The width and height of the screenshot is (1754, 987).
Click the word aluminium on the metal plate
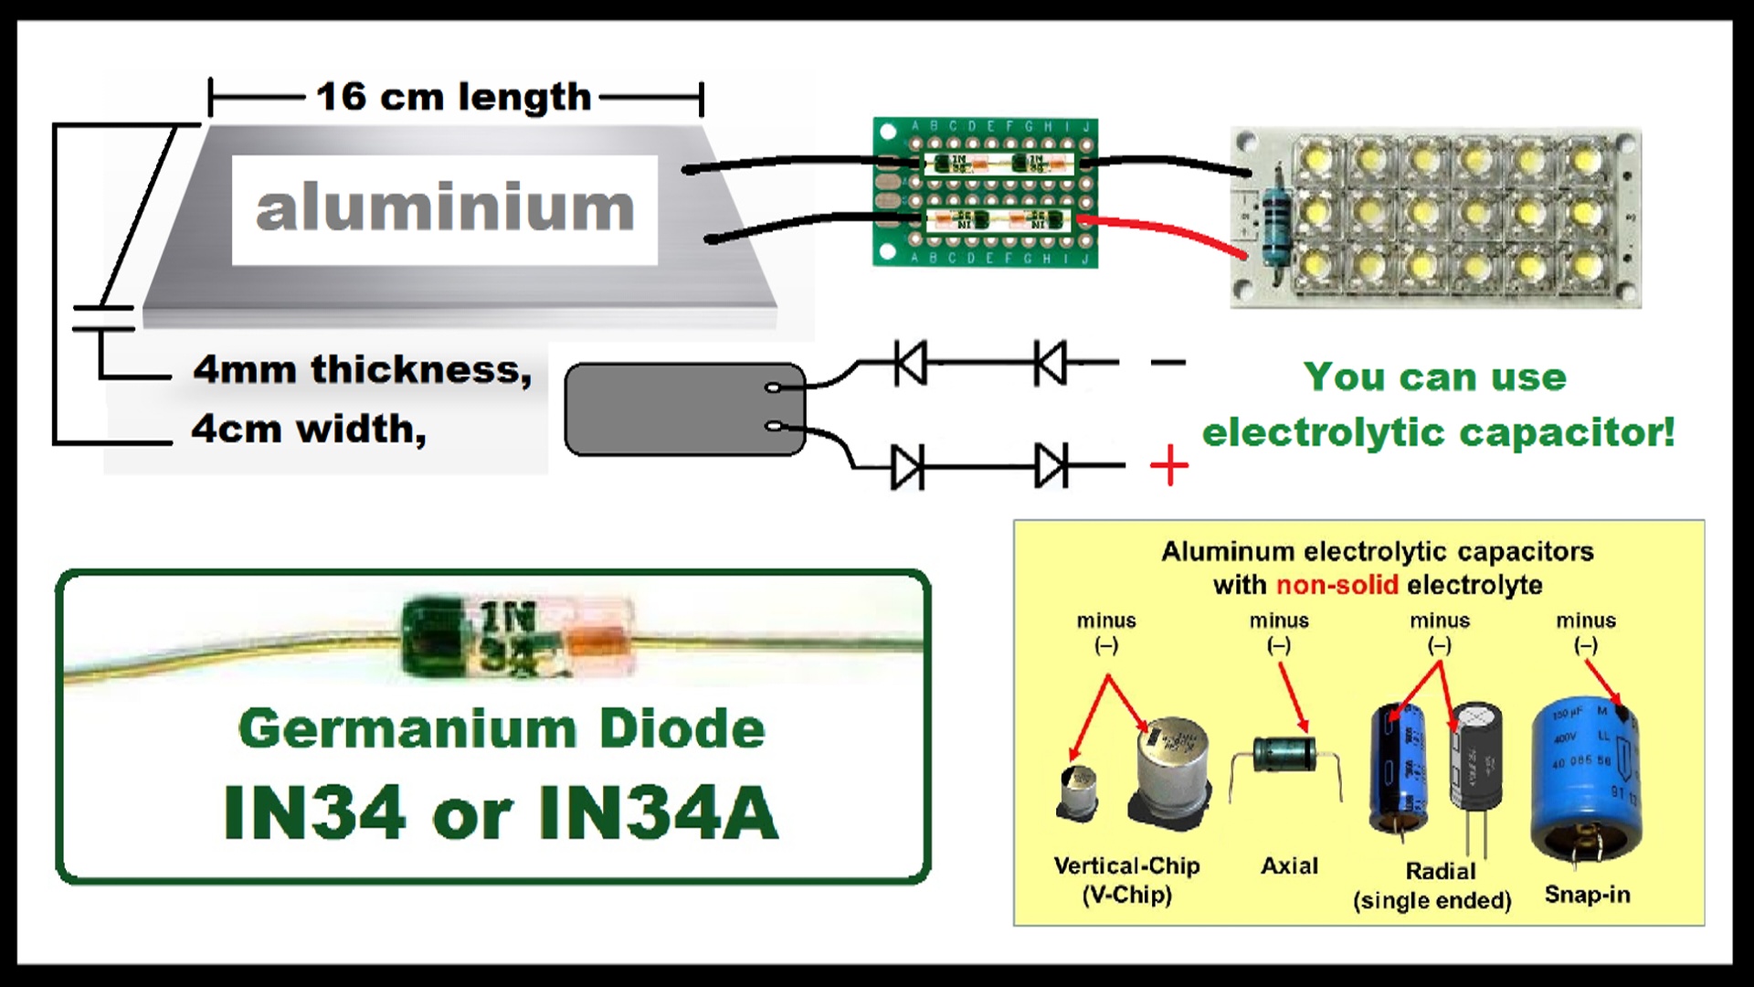point(445,208)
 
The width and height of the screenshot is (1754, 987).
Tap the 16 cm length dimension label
point(454,97)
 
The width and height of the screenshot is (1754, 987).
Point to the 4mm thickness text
point(362,370)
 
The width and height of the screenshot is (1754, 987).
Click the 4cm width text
point(309,429)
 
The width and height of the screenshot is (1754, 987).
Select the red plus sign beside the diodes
point(1169,467)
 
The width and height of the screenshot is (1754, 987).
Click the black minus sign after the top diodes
point(1168,363)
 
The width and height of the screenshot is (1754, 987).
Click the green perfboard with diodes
point(985,192)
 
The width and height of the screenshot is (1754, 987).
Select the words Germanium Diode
point(502,728)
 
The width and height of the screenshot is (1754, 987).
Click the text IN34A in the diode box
point(658,812)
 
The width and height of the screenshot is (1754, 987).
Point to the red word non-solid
point(1337,585)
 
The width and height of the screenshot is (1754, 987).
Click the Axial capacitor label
point(1289,865)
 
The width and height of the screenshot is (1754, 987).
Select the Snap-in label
point(1587,895)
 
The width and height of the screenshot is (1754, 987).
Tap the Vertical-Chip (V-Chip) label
point(1126,879)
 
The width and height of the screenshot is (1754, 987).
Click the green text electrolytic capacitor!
point(1438,432)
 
